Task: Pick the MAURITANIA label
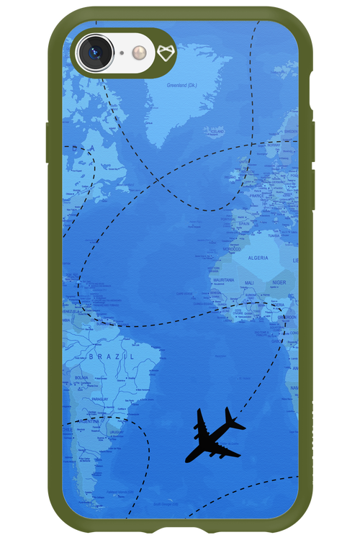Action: click(223, 279)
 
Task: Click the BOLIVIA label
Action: click(84, 377)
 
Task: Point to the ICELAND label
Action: click(216, 132)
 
